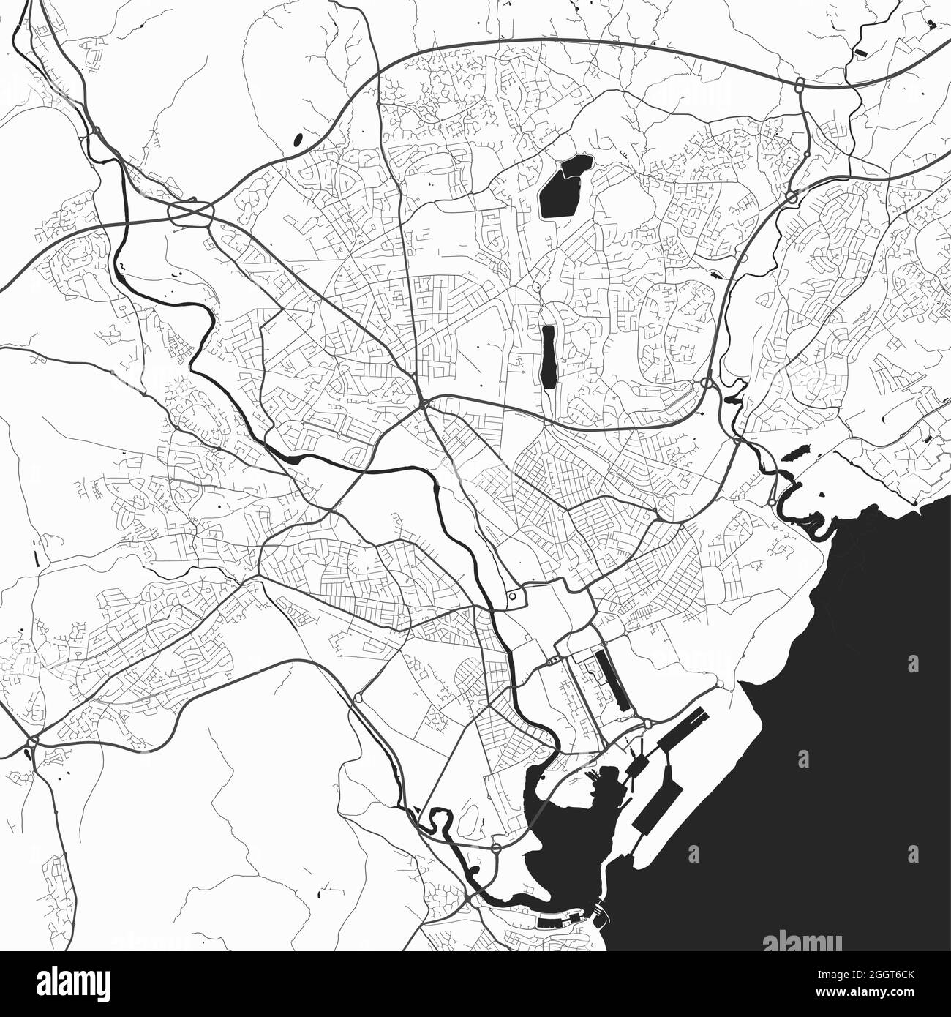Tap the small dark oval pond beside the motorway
(x=297, y=138)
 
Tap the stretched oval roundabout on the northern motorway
(x=800, y=83)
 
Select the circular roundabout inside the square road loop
(x=512, y=596)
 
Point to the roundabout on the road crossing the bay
(x=495, y=849)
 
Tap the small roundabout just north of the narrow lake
(x=538, y=289)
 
